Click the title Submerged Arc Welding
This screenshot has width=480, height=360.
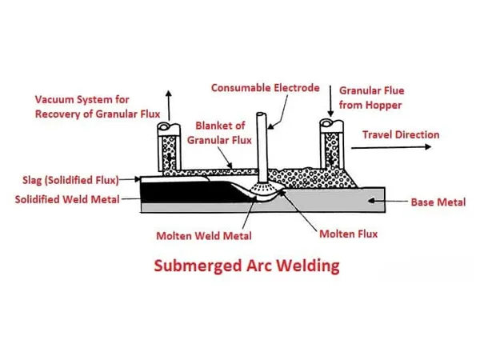pos(241,266)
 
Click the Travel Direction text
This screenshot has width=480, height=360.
pos(401,134)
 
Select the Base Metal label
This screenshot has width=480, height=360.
pos(438,202)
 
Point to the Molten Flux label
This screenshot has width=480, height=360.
pos(348,234)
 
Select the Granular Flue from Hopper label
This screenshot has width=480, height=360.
pos(370,98)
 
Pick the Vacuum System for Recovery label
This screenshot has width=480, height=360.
pos(97,106)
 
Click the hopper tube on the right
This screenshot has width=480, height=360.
pos(330,148)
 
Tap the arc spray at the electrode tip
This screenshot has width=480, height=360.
pos(261,190)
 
